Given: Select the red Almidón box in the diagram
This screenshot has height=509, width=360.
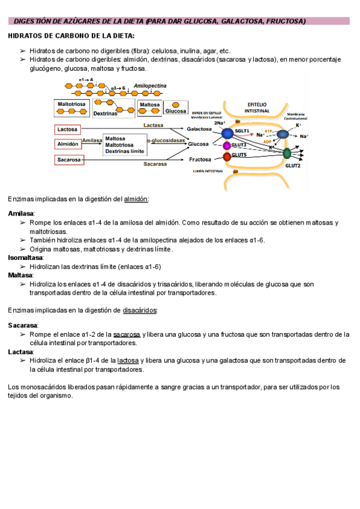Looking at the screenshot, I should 68,144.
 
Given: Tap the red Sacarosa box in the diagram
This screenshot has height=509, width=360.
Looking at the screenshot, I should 68,160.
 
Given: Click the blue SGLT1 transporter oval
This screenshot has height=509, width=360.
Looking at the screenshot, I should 228,133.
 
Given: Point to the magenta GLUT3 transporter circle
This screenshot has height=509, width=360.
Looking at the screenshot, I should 227,146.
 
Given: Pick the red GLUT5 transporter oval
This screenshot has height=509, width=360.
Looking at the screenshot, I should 227,157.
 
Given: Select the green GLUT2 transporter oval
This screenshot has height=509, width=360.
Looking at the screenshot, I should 287,153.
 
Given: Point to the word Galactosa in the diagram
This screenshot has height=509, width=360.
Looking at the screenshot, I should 199,129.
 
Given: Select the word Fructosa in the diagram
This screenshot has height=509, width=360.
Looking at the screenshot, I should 200,160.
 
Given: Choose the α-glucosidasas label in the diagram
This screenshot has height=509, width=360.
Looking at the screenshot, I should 167,140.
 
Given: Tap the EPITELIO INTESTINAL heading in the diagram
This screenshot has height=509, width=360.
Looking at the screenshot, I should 257,107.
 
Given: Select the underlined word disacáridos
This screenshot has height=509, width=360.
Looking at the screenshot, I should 140,310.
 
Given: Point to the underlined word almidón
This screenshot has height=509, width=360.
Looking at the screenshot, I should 135,199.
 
